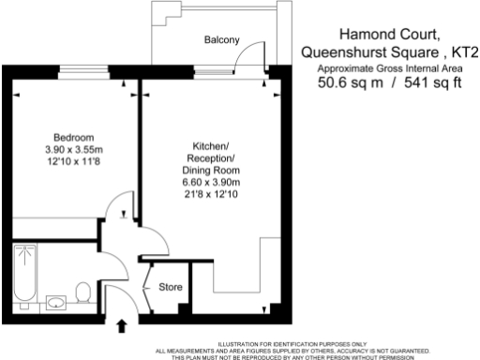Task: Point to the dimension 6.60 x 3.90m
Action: [x=217, y=182]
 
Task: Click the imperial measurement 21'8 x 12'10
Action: [x=217, y=194]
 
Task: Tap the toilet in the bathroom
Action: [x=82, y=292]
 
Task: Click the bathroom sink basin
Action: [x=54, y=301]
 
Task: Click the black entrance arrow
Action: [x=121, y=325]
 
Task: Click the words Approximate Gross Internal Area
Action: [x=389, y=68]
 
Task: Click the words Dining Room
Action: [x=217, y=170]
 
